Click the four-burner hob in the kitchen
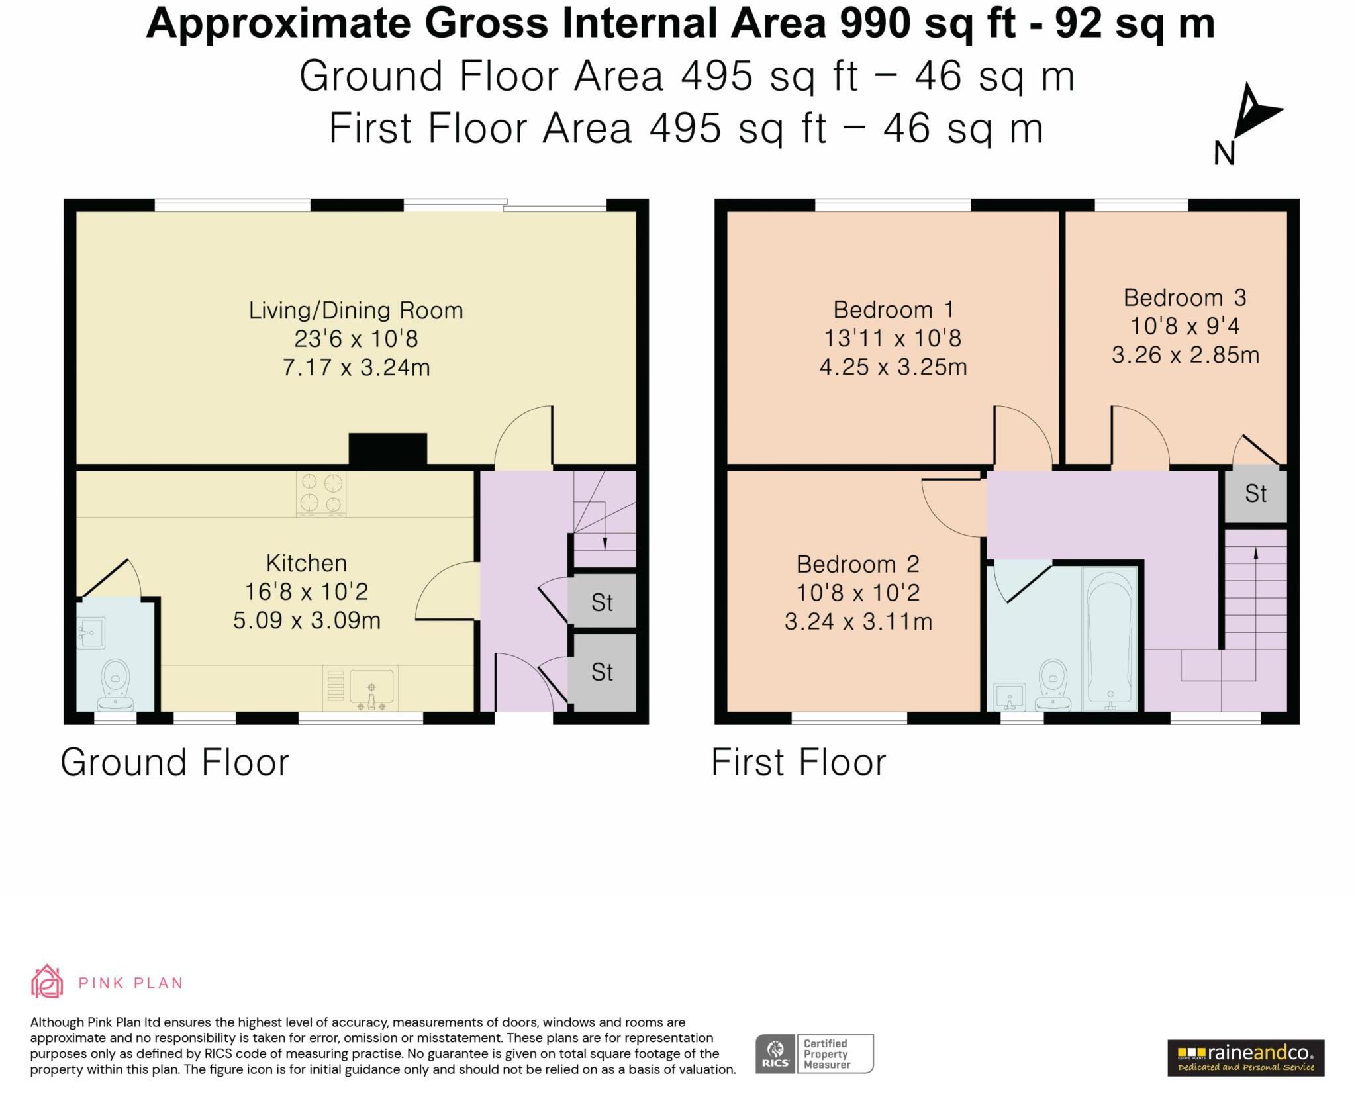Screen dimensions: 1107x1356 [x=321, y=493]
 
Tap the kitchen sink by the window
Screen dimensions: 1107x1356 [x=371, y=689]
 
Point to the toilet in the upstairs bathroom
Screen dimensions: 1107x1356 [x=1053, y=685]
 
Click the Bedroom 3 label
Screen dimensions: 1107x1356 [x=1185, y=297]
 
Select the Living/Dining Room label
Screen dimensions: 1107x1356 [x=356, y=310]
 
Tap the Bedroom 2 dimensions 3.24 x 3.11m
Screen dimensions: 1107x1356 [x=858, y=622]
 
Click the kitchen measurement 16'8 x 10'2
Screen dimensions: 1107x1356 [x=306, y=591]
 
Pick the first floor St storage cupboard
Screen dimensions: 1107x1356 [x=1255, y=494]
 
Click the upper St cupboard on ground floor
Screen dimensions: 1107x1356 [x=602, y=602]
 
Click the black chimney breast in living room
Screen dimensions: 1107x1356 [x=387, y=450]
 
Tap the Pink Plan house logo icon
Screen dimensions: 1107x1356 [x=47, y=981]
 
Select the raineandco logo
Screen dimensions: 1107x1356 [x=1245, y=1058]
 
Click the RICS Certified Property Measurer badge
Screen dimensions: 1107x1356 [x=814, y=1053]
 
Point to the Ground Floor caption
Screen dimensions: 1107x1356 [x=175, y=763]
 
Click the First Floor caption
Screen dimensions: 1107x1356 [x=799, y=763]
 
